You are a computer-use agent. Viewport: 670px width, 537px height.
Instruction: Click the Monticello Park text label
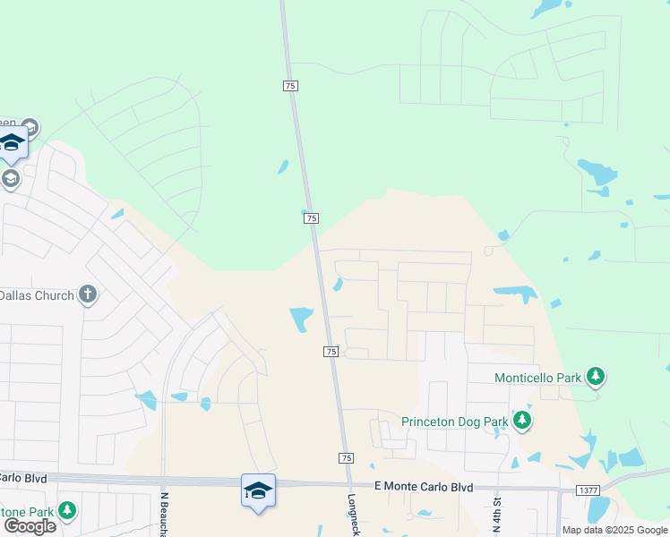pos(537,378)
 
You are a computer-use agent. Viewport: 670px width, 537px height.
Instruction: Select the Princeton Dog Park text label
pos(454,422)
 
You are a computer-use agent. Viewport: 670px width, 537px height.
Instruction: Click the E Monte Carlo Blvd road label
pos(423,486)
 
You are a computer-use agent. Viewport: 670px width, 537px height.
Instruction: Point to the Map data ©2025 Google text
pos(614,530)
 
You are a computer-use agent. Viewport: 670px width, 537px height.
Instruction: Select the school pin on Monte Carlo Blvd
pos(258,491)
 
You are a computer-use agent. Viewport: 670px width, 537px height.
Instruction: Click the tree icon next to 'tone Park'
pos(66,510)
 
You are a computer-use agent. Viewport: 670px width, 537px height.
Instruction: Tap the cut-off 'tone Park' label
pos(27,511)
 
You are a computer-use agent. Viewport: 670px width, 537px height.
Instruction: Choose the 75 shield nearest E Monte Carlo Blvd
pos(347,457)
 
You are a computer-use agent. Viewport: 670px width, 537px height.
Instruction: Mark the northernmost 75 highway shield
pos(290,85)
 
